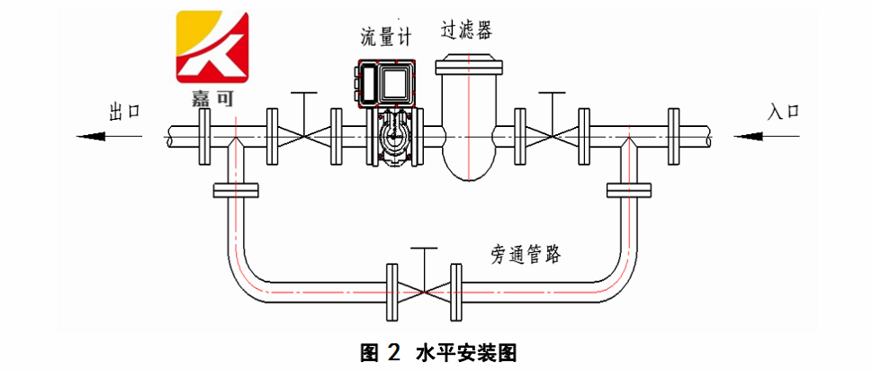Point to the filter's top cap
point(471,63)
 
